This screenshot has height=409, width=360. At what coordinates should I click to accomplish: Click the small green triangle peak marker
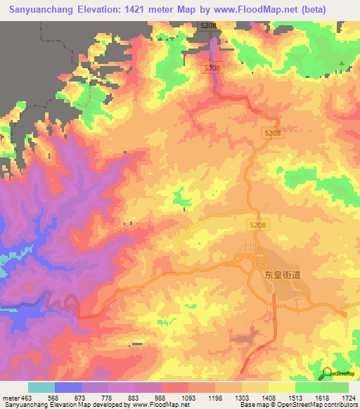pos(342,64)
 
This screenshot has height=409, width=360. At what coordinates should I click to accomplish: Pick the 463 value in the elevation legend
pos(27,398)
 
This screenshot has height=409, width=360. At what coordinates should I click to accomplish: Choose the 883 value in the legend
pos(133,398)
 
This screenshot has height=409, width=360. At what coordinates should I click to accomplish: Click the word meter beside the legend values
pos(10,398)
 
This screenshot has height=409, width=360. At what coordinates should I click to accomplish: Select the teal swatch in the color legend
pos(41,387)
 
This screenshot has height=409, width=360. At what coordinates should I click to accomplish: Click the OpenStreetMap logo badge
pos(336,374)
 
